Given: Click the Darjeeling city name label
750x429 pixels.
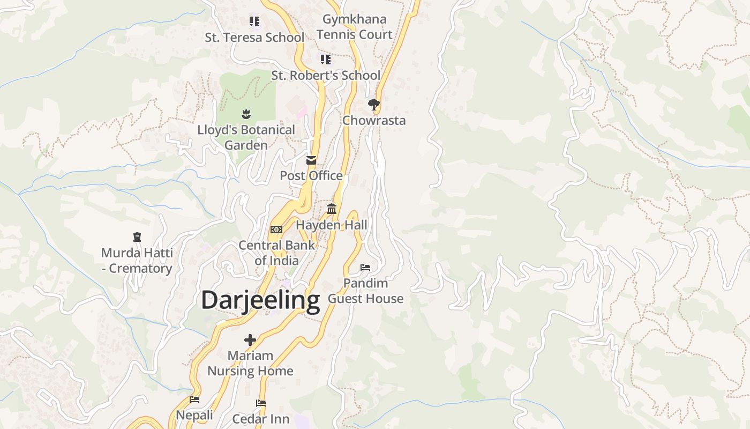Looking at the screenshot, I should click(260, 300).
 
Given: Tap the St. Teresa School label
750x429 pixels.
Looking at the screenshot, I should click(254, 38).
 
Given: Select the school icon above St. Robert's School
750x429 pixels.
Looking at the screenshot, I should click(326, 59).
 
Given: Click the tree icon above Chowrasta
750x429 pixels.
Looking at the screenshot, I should click(374, 104).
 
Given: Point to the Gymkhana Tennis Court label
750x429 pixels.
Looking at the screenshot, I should click(354, 27).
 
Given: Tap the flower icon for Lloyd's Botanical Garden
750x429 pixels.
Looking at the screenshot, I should click(246, 114).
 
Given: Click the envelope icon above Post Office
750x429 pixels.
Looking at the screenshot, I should click(311, 160).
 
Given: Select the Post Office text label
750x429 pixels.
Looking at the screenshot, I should click(311, 176).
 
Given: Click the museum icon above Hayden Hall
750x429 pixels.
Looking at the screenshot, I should click(332, 209).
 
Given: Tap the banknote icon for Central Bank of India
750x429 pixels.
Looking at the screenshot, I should click(276, 230).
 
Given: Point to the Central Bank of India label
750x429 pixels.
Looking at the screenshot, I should click(276, 253).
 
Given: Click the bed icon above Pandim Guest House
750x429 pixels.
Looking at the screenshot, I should click(365, 267).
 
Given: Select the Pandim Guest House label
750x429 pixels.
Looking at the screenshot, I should click(365, 291).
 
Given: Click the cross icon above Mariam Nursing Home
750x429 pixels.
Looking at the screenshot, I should click(250, 339).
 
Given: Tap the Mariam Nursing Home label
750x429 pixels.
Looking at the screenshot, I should click(250, 363).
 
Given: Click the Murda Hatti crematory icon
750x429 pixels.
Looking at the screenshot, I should click(137, 236).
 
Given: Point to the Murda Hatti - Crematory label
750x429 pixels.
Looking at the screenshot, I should click(137, 261).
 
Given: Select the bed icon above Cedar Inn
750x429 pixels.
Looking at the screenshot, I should click(261, 403).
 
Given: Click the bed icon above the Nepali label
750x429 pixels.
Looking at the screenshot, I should click(194, 399).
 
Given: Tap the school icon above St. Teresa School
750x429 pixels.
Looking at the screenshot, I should click(254, 21).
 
